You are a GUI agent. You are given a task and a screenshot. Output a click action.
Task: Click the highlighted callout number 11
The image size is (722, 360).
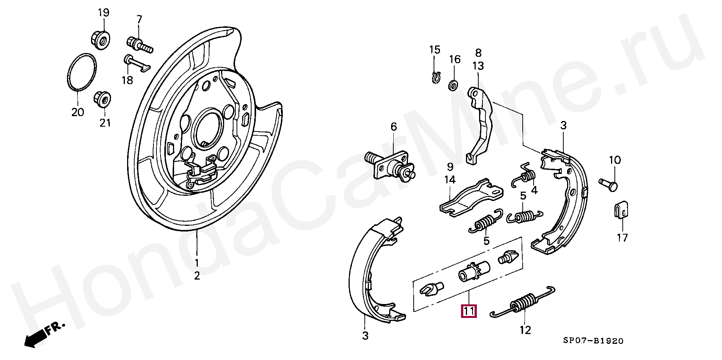pos(469,311)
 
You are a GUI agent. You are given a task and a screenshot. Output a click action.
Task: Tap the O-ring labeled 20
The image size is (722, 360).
pos(82,72)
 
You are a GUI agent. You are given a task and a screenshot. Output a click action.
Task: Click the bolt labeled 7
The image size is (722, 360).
pos(140,44)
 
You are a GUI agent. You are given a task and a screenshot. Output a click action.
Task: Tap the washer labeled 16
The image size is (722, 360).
pos(453,85)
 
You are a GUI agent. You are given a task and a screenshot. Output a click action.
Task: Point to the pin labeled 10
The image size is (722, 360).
pos(609,184)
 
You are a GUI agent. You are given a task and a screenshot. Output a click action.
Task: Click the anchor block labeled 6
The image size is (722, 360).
pos(391,166)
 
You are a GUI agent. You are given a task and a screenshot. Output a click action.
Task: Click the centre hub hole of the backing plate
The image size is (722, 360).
pos(206,126)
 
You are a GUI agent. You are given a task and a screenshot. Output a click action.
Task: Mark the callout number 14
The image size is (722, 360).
pos(450,180)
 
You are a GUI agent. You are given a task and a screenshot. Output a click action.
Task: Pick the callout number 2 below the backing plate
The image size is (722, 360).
pos(197,276)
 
